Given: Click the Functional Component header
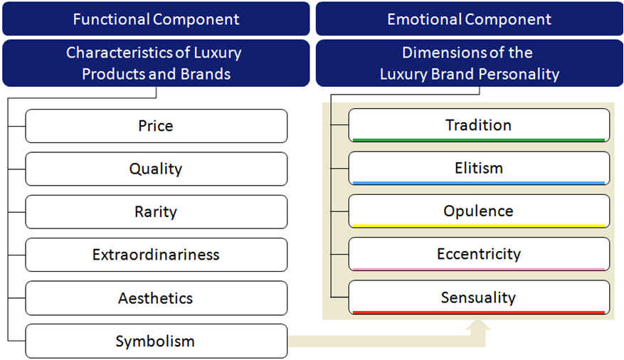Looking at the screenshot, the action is point(156,18).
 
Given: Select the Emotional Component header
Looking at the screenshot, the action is point(470,18).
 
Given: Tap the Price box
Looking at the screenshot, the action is point(157,126).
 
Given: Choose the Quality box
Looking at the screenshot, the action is point(157,169).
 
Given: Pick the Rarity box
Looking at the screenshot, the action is point(157,212).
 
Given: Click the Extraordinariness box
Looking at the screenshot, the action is point(157,255).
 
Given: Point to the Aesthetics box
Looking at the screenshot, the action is point(157,298).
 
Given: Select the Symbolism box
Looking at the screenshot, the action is point(157,342).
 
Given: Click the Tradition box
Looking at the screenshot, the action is point(479,125).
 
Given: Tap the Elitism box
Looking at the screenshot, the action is point(479,169).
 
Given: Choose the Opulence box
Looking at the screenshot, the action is point(479,211).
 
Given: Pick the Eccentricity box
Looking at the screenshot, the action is point(479,254).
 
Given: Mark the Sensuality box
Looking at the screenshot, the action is point(479,297).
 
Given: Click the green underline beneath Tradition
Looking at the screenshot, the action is point(479,140).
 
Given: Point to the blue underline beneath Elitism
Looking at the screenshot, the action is point(479,183).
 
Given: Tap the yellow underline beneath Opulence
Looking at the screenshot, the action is point(479,226).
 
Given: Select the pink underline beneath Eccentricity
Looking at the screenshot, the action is point(479,270).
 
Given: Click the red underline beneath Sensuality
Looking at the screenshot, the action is point(479,312).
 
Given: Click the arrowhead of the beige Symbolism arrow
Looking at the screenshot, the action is point(478,325).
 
